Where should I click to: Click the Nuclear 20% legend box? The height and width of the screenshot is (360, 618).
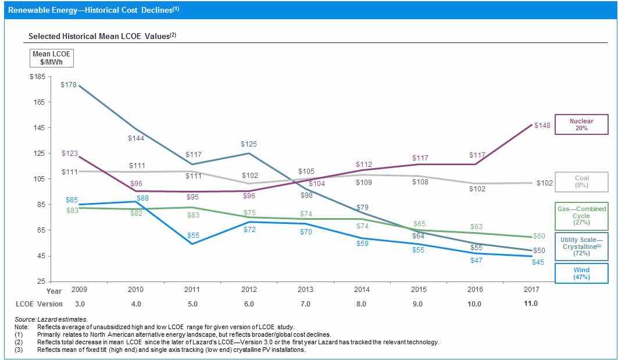pyautogui.click(x=581, y=124)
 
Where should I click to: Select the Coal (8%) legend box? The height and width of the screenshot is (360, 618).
pyautogui.click(x=581, y=182)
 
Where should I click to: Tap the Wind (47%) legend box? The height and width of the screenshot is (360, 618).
pyautogui.click(x=581, y=273)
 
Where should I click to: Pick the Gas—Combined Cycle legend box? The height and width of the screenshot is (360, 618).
pyautogui.click(x=581, y=215)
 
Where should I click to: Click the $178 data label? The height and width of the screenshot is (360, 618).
pyautogui.click(x=69, y=85)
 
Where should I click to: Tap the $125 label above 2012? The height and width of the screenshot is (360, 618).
pyautogui.click(x=249, y=144)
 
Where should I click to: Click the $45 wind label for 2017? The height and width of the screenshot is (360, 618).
pyautogui.click(x=539, y=262)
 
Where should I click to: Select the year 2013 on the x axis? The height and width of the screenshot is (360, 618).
pyautogui.click(x=305, y=289)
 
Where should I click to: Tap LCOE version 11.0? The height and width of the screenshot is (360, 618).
pyautogui.click(x=531, y=304)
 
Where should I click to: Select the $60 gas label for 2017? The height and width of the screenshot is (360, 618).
pyautogui.click(x=539, y=236)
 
